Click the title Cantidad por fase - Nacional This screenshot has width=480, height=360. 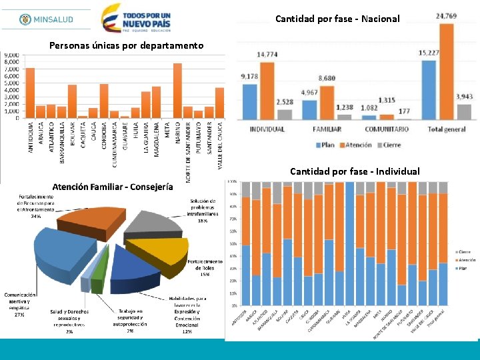(337, 19)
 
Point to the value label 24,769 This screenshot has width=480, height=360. (446, 15)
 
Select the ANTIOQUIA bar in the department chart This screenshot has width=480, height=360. (30, 93)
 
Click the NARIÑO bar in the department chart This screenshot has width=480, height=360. (177, 91)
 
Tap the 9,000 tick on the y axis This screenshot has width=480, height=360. (13, 55)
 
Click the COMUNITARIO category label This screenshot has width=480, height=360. (387, 129)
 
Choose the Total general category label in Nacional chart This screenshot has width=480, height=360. (445, 129)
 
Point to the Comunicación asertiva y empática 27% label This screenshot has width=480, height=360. (20, 304)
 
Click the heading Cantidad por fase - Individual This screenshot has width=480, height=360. (355, 171)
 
